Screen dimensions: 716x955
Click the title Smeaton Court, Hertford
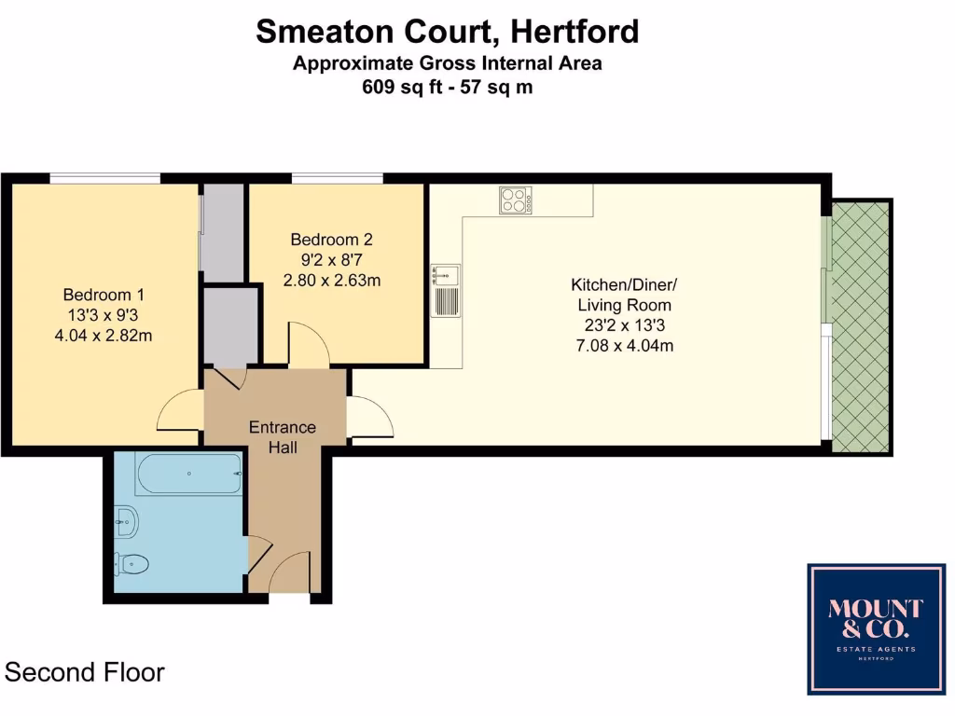pyautogui.click(x=448, y=32)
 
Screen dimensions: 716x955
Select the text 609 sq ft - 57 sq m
pyautogui.click(x=448, y=88)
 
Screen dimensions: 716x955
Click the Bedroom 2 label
pyautogui.click(x=331, y=238)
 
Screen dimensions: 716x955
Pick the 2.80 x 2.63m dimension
pyautogui.click(x=332, y=280)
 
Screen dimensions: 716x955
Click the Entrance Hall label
pyautogui.click(x=282, y=437)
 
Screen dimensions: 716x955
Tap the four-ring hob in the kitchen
pyautogui.click(x=516, y=200)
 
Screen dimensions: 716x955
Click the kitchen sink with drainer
pyautogui.click(x=444, y=289)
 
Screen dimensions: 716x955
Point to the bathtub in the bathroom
pyautogui.click(x=188, y=474)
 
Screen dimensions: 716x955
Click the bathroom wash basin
pyautogui.click(x=127, y=522)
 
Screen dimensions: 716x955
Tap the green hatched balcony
pyautogui.click(x=860, y=326)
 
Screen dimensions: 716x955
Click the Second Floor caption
pyautogui.click(x=85, y=672)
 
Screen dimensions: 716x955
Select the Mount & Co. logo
pyautogui.click(x=876, y=628)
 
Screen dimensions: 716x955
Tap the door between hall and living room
pyautogui.click(x=369, y=417)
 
